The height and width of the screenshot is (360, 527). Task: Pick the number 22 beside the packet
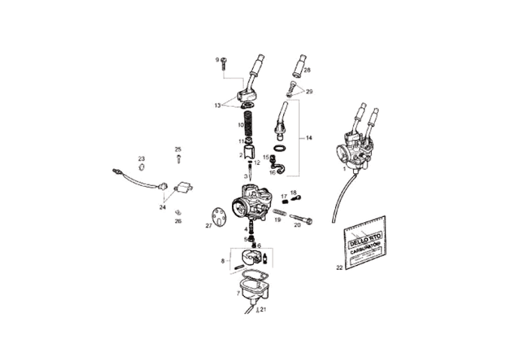click(340, 267)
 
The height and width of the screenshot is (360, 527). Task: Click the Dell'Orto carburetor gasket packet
click(366, 241)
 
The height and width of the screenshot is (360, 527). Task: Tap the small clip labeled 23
click(141, 166)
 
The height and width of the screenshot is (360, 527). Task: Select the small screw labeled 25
click(178, 159)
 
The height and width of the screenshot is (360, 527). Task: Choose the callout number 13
click(218, 105)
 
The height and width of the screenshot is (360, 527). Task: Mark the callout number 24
click(163, 206)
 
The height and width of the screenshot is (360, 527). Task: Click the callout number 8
click(222, 261)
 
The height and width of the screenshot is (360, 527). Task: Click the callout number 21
click(263, 310)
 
